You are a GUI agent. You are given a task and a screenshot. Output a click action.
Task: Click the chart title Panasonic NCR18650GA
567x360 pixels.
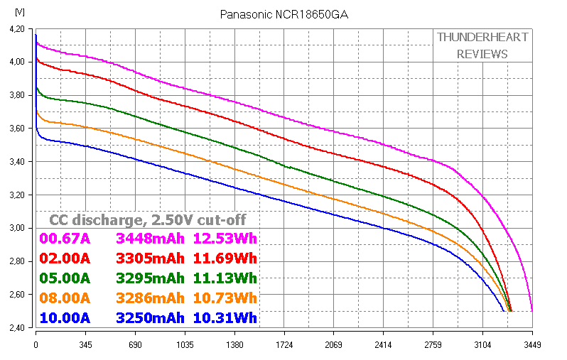(283, 14)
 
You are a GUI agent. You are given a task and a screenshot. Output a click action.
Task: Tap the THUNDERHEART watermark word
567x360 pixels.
(482, 37)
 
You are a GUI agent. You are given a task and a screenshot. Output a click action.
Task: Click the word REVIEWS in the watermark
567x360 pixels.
(482, 54)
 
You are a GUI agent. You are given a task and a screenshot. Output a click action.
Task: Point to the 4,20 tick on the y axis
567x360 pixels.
(16, 29)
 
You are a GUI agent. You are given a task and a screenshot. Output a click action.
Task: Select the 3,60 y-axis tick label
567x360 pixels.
(16, 129)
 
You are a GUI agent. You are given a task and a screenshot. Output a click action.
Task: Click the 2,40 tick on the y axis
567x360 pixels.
(16, 327)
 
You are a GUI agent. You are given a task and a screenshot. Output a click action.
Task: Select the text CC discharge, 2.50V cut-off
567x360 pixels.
(148, 219)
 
